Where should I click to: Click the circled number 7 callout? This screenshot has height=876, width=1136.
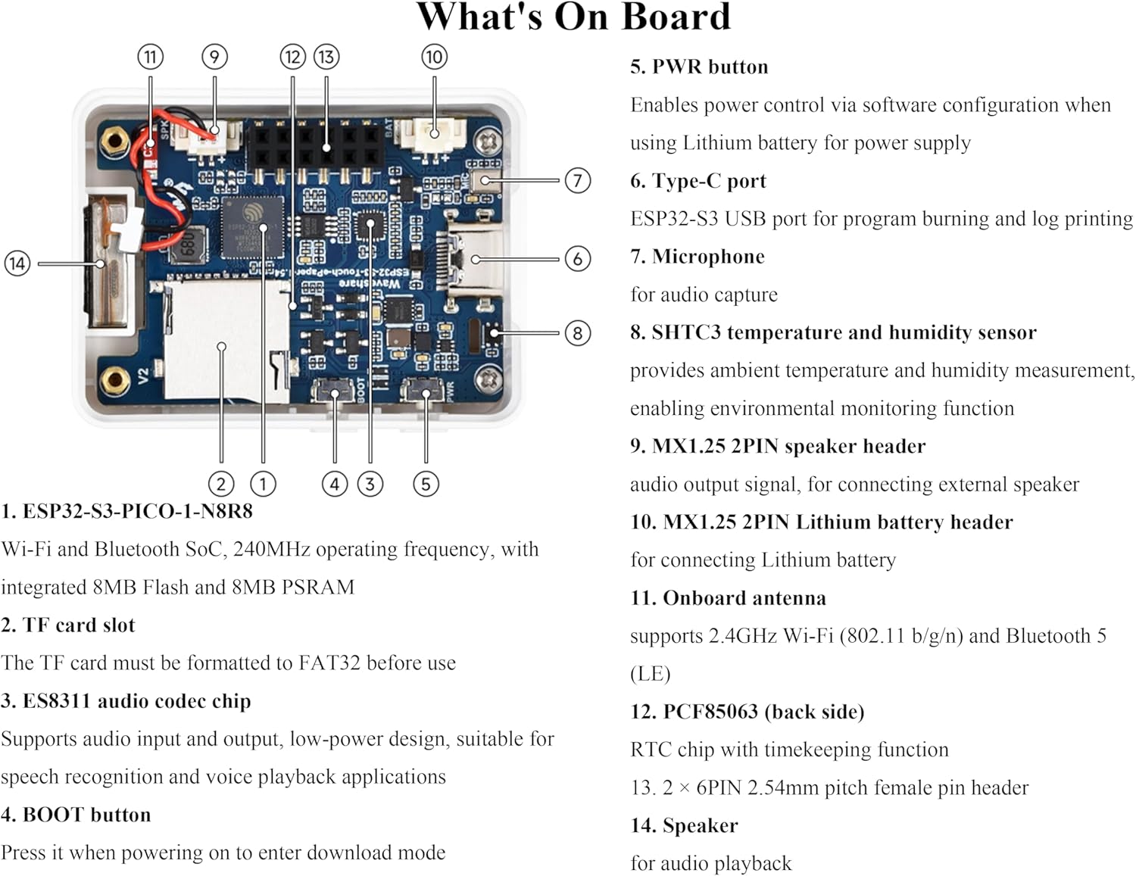coord(578,180)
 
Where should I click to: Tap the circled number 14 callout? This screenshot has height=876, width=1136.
coord(17,263)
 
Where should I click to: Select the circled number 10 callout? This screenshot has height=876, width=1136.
coord(434,57)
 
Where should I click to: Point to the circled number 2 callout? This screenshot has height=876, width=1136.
coord(220,484)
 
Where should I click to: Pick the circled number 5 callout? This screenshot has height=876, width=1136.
coord(426,484)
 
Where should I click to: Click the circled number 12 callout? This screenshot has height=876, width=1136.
coord(292,57)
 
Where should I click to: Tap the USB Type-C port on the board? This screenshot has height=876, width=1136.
coord(473,259)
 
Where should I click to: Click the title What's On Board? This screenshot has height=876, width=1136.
coord(573,17)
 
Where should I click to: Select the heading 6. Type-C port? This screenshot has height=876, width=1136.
coord(698,181)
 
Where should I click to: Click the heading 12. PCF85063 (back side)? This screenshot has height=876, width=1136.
coord(747,712)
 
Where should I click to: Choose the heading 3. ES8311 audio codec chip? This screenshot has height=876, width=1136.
coord(126,700)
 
